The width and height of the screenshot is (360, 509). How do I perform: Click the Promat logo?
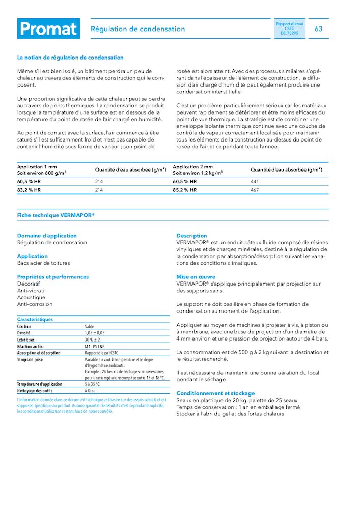48,29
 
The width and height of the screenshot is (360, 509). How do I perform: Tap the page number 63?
318,29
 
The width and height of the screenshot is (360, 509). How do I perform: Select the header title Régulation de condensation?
137,29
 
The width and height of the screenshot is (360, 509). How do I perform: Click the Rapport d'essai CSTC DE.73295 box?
289,29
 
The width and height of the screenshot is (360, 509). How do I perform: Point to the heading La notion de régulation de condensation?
70,58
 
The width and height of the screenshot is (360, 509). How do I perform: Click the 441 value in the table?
255,181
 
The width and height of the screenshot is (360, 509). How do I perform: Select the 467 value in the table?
255,190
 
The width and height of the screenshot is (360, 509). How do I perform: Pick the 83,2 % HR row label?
29,190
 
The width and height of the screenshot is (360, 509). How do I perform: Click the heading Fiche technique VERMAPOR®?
56,215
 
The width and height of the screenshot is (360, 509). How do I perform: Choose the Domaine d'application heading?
47,236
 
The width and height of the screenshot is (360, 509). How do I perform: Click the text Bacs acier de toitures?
44,263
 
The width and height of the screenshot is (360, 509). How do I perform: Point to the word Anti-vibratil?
32,291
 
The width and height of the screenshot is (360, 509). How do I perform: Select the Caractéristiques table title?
35,319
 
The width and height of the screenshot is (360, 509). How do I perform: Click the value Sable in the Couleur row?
90,326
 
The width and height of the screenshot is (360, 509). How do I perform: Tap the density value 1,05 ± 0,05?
95,333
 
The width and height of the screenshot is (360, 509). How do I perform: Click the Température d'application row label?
40,384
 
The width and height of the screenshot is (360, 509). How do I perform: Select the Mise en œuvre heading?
196,277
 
